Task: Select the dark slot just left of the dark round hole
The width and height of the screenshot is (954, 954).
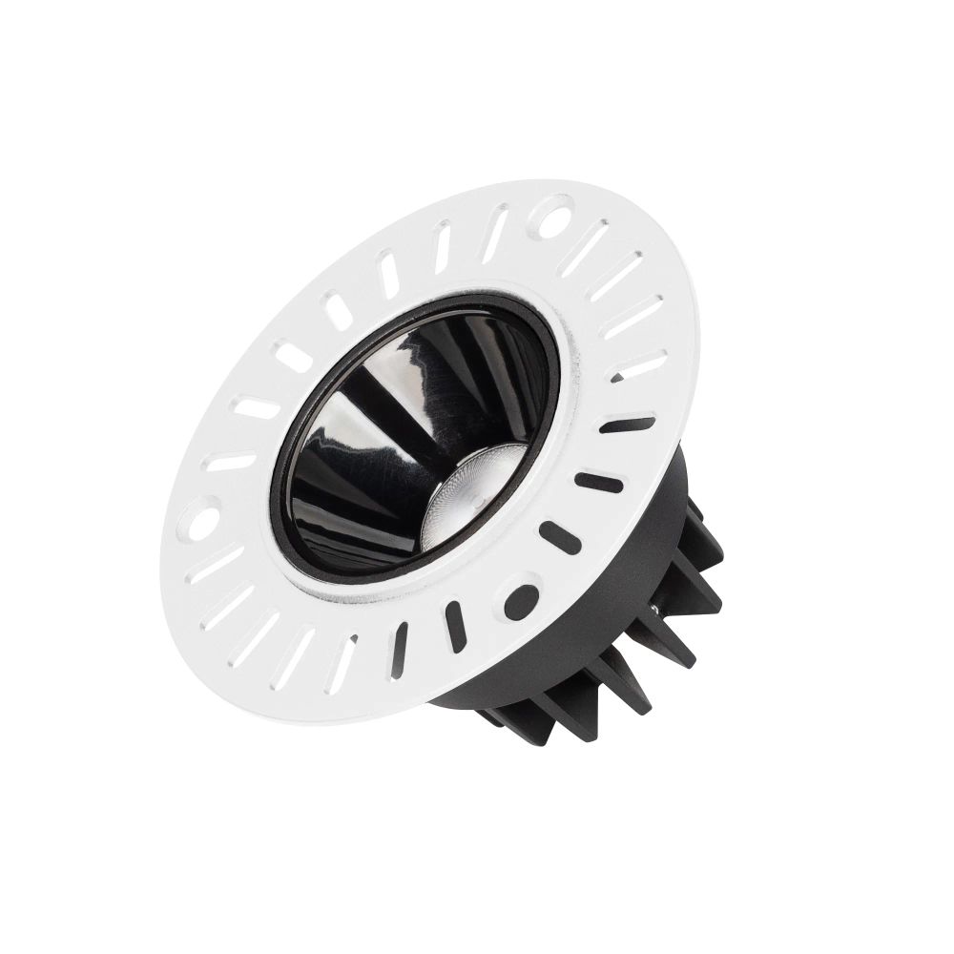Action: (456, 626)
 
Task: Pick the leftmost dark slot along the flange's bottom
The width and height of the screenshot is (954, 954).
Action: (399, 650)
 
